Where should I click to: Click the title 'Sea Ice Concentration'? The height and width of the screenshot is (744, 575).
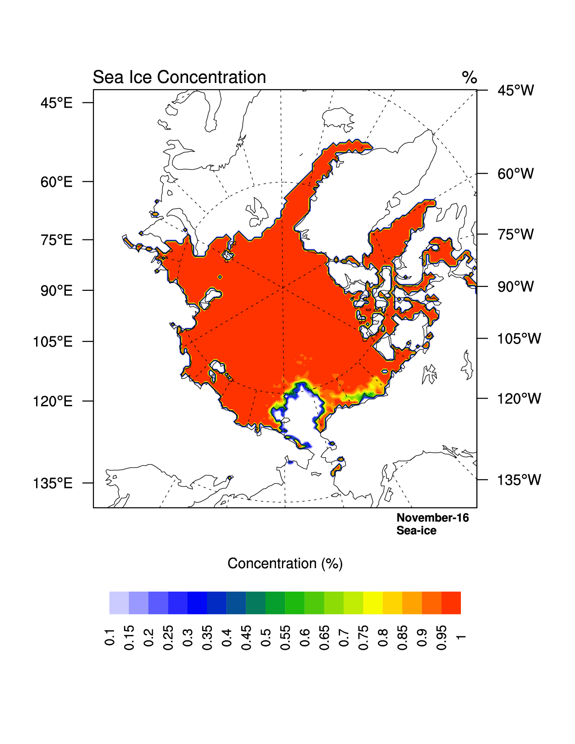[x=179, y=77]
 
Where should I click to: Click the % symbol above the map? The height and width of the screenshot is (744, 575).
[x=469, y=78]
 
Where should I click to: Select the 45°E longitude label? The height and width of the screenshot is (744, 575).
[x=56, y=103]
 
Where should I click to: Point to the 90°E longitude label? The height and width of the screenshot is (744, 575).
[x=56, y=290]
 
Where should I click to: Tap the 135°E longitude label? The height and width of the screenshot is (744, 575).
[x=53, y=483]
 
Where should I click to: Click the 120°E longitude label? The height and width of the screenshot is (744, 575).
[x=53, y=401]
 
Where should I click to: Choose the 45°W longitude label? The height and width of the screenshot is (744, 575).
[x=515, y=90]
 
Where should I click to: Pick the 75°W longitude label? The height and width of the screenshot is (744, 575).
[x=515, y=234]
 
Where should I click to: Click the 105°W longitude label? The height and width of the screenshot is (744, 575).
[x=519, y=339]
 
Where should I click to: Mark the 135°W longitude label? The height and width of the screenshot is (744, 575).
[x=519, y=480]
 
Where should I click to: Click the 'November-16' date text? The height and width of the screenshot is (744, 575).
[x=432, y=518]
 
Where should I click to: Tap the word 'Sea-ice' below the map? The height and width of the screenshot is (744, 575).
[x=416, y=531]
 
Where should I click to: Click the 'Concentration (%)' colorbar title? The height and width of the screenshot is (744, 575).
[x=285, y=563]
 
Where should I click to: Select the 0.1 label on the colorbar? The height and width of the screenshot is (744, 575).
[x=110, y=636]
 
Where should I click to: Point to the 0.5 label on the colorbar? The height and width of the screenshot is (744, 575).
[x=266, y=636]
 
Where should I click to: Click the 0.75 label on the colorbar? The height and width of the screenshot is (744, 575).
[x=363, y=637]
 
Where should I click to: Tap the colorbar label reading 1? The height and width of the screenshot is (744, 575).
[x=460, y=636]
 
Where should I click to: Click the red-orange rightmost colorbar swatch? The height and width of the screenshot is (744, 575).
[x=451, y=603]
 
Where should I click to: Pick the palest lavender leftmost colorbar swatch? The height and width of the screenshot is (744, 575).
[x=119, y=603]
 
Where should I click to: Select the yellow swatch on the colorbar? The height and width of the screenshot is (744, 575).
[x=373, y=603]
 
